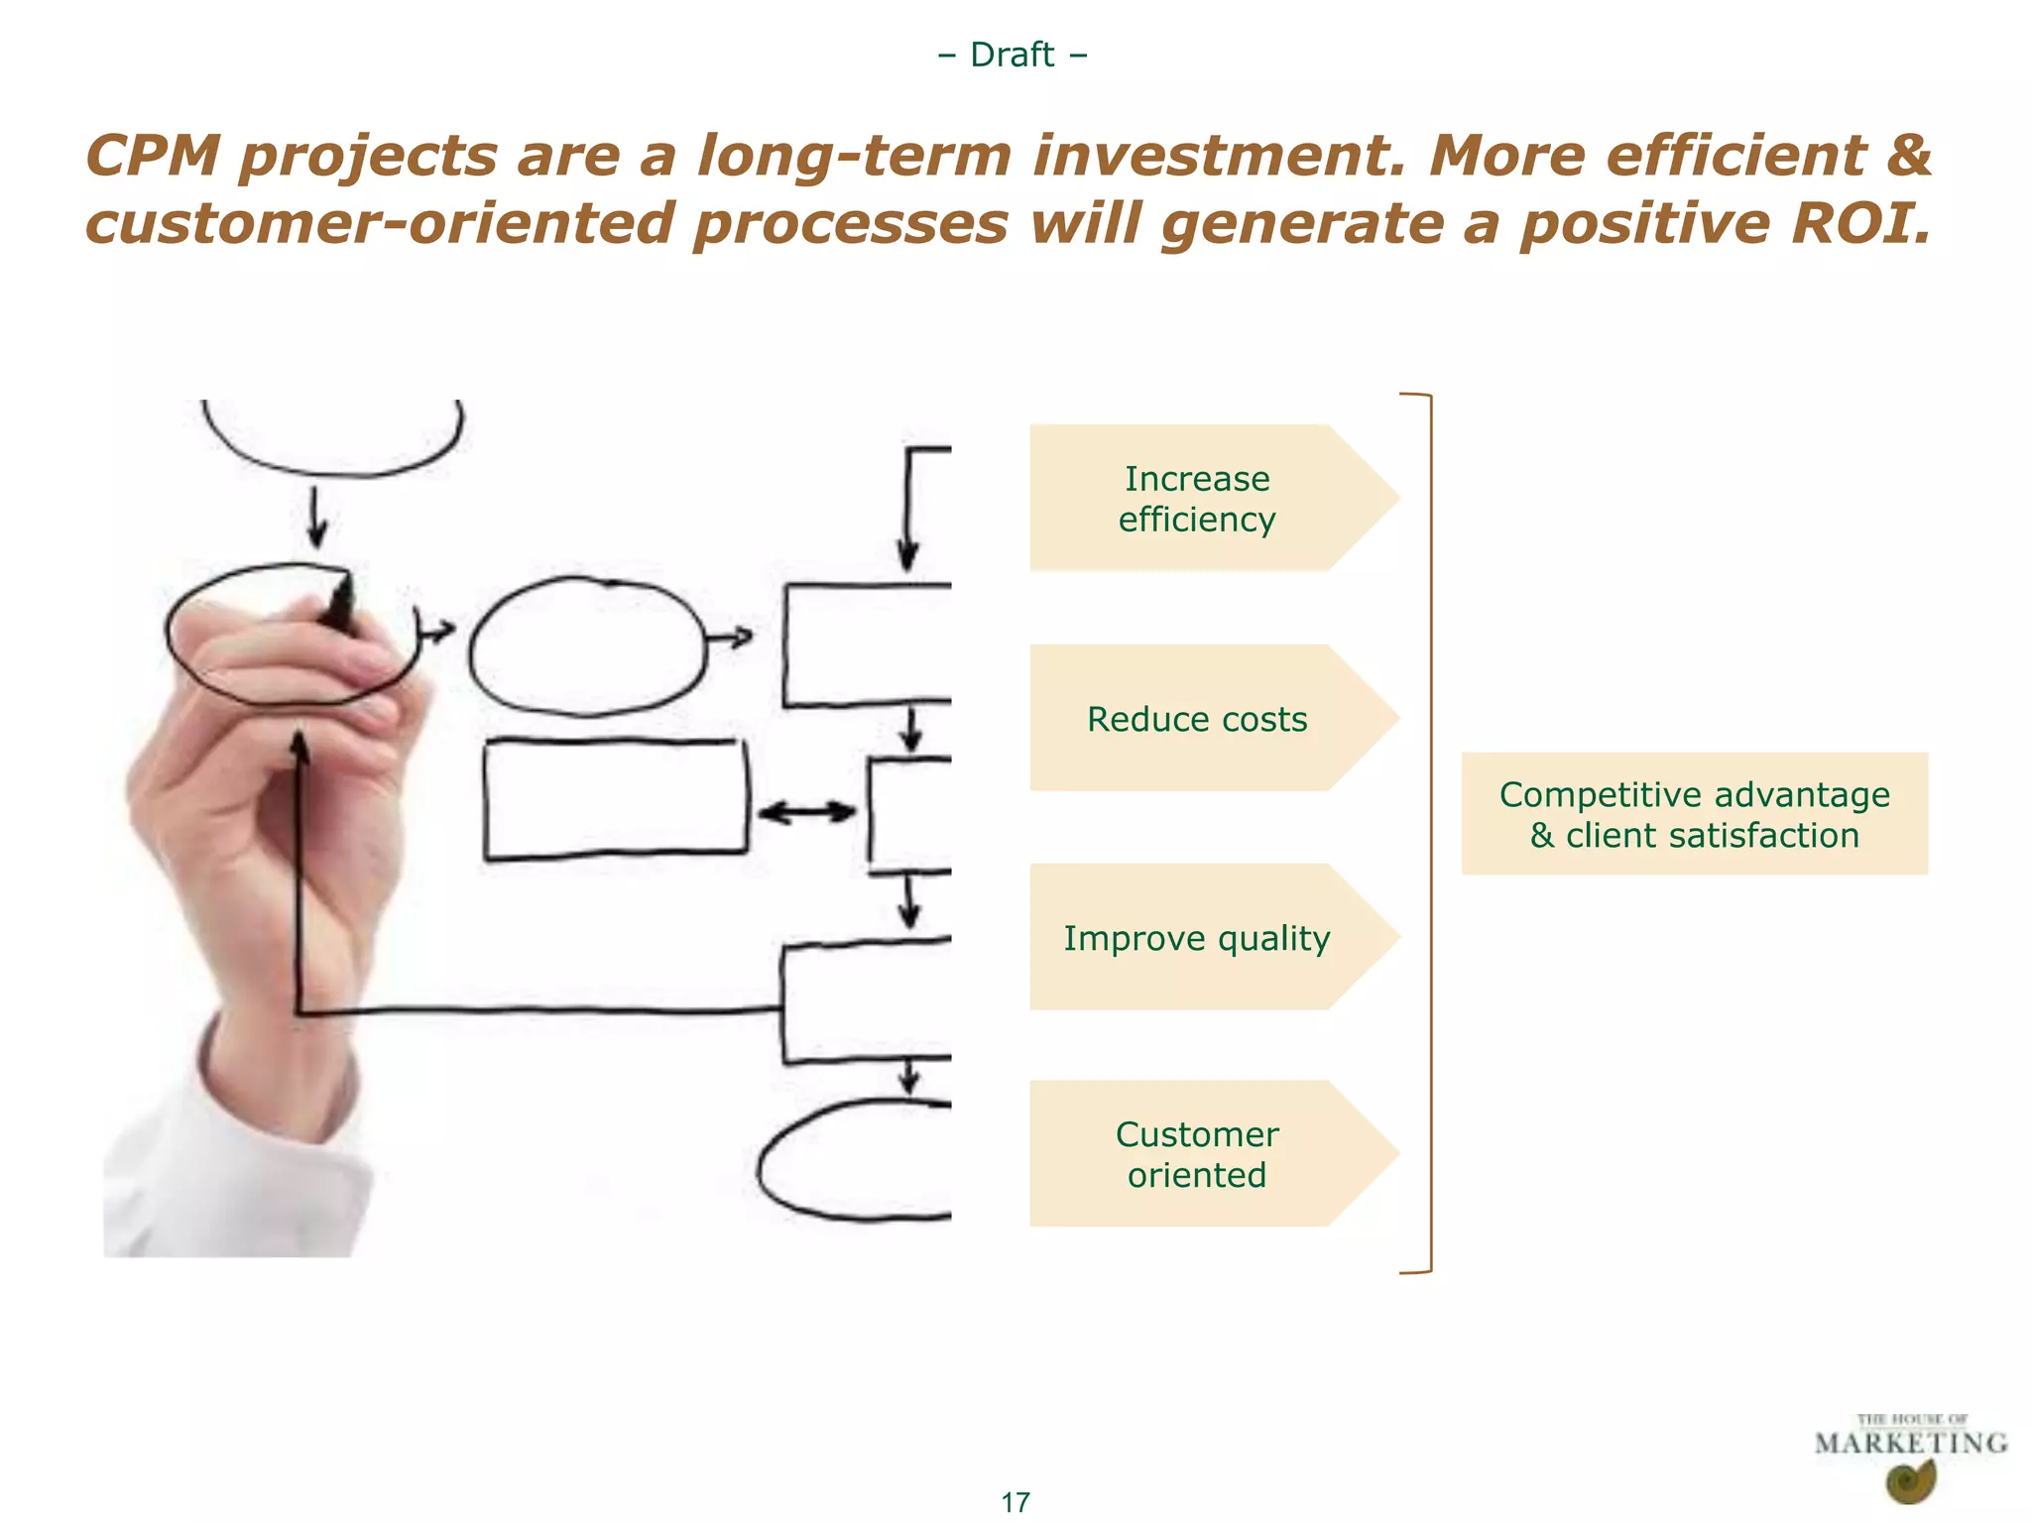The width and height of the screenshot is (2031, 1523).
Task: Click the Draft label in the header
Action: click(x=1012, y=55)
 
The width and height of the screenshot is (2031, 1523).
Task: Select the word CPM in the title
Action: click(x=152, y=157)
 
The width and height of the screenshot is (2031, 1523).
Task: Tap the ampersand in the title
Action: click(x=1909, y=157)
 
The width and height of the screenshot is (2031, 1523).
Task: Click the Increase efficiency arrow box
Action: click(x=1197, y=499)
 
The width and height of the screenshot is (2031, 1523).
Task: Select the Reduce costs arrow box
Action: click(x=1197, y=719)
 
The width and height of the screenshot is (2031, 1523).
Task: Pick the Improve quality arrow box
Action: click(x=1197, y=938)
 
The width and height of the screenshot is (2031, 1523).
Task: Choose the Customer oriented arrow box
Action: click(x=1197, y=1154)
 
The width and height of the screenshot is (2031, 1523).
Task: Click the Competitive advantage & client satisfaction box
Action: click(x=1694, y=814)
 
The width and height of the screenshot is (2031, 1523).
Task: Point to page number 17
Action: click(x=1015, y=1502)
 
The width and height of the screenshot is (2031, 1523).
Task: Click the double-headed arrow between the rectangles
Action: click(x=805, y=813)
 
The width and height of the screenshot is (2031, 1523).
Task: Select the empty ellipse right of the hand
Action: click(x=588, y=646)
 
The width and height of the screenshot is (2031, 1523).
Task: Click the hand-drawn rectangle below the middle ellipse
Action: click(x=615, y=798)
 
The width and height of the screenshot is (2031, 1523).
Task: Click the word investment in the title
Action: click(x=1218, y=157)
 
